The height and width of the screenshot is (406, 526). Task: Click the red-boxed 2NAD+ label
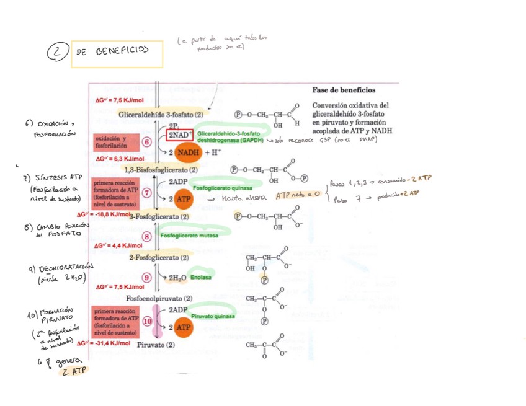(x=181, y=135)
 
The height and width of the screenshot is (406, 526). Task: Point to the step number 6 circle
(x=147, y=142)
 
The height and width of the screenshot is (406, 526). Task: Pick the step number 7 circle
(x=147, y=192)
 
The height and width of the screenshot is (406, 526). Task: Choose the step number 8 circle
(x=147, y=236)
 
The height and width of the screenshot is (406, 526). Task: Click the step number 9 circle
(x=147, y=278)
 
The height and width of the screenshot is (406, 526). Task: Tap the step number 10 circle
(x=148, y=322)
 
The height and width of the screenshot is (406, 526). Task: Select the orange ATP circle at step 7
(x=184, y=200)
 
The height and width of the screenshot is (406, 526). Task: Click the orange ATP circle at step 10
(x=184, y=327)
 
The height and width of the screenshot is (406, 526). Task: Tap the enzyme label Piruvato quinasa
(x=213, y=316)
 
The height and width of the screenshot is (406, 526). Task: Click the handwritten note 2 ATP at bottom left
(x=73, y=371)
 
